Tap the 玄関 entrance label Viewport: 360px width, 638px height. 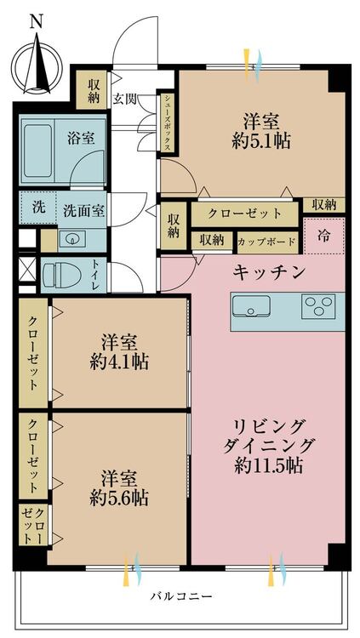pos(124,100)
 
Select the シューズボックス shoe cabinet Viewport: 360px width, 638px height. pos(167,122)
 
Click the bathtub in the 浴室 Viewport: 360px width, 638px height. pos(38,151)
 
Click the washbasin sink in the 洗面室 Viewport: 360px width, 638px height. pos(72,238)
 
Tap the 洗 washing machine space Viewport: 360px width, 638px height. pos(37,208)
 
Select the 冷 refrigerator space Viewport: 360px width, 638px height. pos(324,236)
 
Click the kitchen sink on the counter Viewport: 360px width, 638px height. pos(251,306)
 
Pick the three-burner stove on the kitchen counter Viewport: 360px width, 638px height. pos(318,306)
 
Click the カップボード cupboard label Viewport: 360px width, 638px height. pos(266,242)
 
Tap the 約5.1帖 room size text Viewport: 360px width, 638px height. pos(261,141)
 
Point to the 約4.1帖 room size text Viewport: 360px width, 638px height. pos(119,361)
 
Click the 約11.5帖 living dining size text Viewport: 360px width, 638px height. pos(269,466)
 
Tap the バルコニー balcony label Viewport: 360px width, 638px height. pos(181,597)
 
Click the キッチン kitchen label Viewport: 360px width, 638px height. pos(269,272)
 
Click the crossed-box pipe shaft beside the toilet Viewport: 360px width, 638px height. pos(27,268)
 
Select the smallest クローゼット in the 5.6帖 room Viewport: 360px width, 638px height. pos(33,526)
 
